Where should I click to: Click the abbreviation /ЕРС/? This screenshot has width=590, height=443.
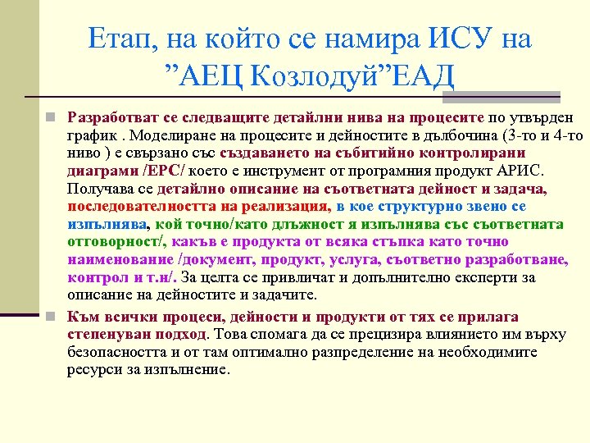(166, 171)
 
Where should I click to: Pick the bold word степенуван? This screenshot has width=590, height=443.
(107, 334)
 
